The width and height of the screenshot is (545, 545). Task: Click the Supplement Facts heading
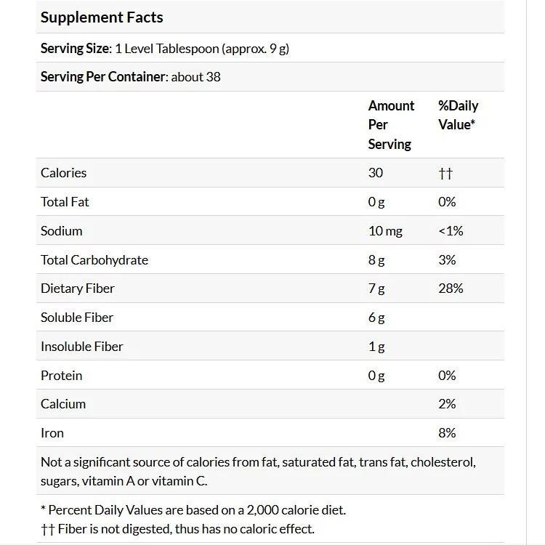[102, 17]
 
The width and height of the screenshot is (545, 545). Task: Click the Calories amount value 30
[375, 173]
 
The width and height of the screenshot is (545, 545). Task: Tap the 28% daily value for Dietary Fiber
[451, 288]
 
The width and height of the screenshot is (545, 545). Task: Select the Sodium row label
[62, 231]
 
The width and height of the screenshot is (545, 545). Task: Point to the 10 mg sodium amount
[385, 231]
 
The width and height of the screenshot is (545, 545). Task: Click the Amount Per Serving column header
[391, 125]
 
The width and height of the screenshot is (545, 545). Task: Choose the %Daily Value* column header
[458, 115]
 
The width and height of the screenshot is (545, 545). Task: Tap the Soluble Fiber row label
[77, 318]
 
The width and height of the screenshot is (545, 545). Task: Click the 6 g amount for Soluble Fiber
[376, 318]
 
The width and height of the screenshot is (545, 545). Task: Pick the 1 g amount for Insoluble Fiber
[376, 347]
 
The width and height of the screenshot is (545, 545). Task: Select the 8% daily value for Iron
[447, 433]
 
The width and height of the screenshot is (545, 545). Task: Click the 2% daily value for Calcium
[447, 404]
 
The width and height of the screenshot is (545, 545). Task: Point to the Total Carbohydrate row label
[94, 260]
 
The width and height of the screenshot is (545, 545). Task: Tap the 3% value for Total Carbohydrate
[447, 260]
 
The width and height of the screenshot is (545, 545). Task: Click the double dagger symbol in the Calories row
[445, 174]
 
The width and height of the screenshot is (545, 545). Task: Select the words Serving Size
[75, 49]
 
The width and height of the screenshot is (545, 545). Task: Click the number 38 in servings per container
[213, 76]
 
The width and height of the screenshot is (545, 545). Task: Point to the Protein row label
[62, 376]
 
